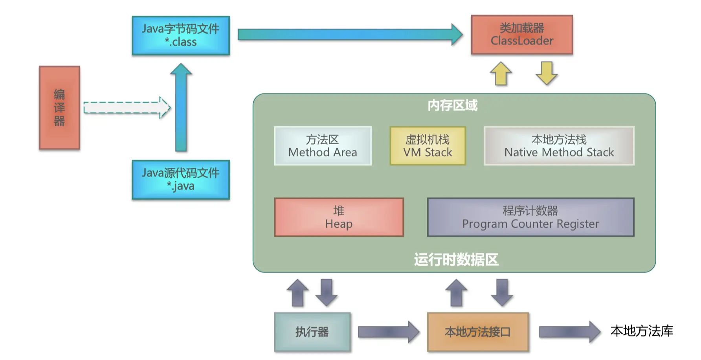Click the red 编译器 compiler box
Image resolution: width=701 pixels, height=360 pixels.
pyautogui.click(x=59, y=108)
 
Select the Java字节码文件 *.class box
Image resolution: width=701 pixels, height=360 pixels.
pyautogui.click(x=181, y=35)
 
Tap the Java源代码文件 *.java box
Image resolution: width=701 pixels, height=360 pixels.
pyautogui.click(x=181, y=180)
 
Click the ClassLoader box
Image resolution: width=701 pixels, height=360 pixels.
pyautogui.click(x=522, y=35)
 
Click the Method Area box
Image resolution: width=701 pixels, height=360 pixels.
pyautogui.click(x=323, y=146)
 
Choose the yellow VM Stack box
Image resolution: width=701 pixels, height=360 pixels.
pyautogui.click(x=428, y=146)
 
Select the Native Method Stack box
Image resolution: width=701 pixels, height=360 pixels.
pyautogui.click(x=559, y=146)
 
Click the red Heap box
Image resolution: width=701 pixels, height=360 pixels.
pyautogui.click(x=339, y=217)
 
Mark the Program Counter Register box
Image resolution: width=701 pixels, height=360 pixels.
pyautogui.click(x=530, y=217)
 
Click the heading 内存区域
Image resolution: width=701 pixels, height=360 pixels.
pyautogui.click(x=452, y=105)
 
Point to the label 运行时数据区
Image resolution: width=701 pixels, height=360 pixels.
pyautogui.click(x=456, y=260)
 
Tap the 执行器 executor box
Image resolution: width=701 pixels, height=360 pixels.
pyautogui.click(x=312, y=332)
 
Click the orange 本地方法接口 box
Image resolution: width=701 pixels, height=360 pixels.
pyautogui.click(x=478, y=332)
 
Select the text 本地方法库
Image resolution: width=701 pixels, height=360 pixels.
pyautogui.click(x=642, y=331)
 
